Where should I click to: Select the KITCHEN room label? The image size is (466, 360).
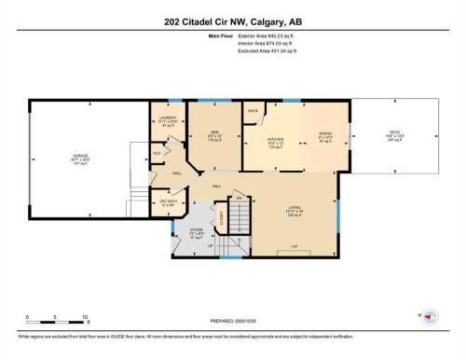pos(275,140)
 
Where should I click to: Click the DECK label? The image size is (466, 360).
pos(394,133)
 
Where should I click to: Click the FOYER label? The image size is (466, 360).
pos(197,228)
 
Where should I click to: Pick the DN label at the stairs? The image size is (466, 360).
pos(239,197)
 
